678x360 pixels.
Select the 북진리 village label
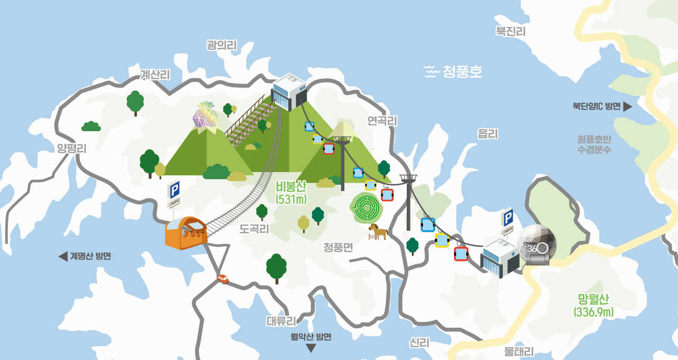click(x=510, y=32)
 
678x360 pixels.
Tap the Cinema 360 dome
click(x=537, y=244)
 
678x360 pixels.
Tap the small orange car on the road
click(x=223, y=278)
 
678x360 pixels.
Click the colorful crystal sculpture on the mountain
click(x=205, y=115)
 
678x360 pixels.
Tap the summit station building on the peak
click(x=289, y=92)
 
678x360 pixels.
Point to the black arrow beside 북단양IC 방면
click(x=628, y=106)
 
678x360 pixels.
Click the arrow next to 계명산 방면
click(x=63, y=257)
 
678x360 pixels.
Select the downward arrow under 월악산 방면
click(x=311, y=348)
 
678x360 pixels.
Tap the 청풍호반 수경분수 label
click(x=594, y=144)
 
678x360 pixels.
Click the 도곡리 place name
click(x=254, y=229)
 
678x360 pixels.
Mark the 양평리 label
click(x=72, y=149)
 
